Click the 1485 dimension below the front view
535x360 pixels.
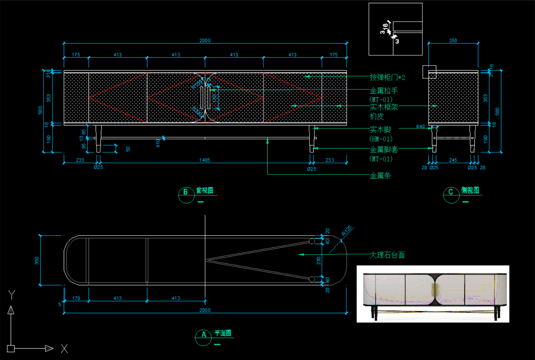coord(205,160)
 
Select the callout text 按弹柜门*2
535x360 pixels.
coord(387,77)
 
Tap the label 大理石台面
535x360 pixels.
coord(387,255)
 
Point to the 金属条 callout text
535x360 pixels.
coord(380,176)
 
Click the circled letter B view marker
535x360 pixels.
coord(185,192)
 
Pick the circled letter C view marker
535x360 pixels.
coord(451,192)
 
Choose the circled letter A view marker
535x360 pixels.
coord(204,334)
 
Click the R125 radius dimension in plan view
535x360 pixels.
coord(347,231)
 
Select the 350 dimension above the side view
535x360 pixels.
coord(453,41)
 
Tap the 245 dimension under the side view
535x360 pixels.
coord(453,160)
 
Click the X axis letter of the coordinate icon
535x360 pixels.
coord(64,349)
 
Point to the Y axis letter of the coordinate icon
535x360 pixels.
coord(12,294)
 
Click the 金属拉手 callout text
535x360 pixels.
coord(384,91)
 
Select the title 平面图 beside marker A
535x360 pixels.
coord(223,333)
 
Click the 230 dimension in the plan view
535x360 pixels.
coord(319,261)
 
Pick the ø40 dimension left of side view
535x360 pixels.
coord(420,126)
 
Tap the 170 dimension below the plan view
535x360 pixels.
coord(76,298)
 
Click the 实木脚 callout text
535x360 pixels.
coord(380,130)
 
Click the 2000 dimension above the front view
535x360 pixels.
coord(205,41)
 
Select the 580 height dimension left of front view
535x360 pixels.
coord(40,110)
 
